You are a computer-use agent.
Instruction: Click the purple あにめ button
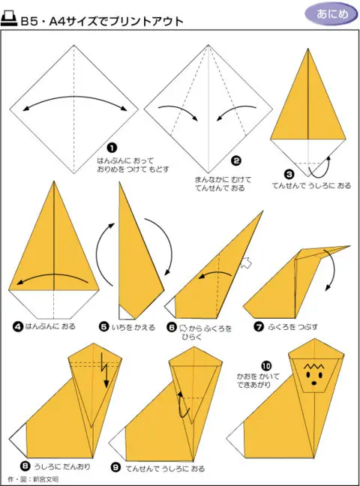coord(332,14)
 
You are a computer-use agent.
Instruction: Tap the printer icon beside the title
coord(9,19)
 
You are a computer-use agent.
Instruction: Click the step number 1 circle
coord(112,148)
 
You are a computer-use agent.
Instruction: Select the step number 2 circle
coord(236,160)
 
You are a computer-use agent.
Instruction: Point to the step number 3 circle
coord(289,174)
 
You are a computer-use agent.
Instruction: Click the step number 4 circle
coord(18,326)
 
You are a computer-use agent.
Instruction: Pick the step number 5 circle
coord(104,327)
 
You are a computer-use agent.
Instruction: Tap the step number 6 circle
coord(172,327)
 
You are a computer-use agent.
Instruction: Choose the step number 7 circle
coord(258,327)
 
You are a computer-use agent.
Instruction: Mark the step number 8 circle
coord(25,466)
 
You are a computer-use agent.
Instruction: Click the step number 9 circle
coord(115,467)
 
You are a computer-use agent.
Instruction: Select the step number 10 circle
coord(266,366)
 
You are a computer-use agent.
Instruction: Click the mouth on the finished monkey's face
coord(314,383)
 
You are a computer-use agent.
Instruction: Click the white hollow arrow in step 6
coord(247,262)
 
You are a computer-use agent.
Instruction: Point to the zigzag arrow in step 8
coord(104,370)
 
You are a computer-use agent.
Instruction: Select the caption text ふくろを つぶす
coord(292,327)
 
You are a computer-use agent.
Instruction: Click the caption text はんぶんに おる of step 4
coord(50,326)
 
